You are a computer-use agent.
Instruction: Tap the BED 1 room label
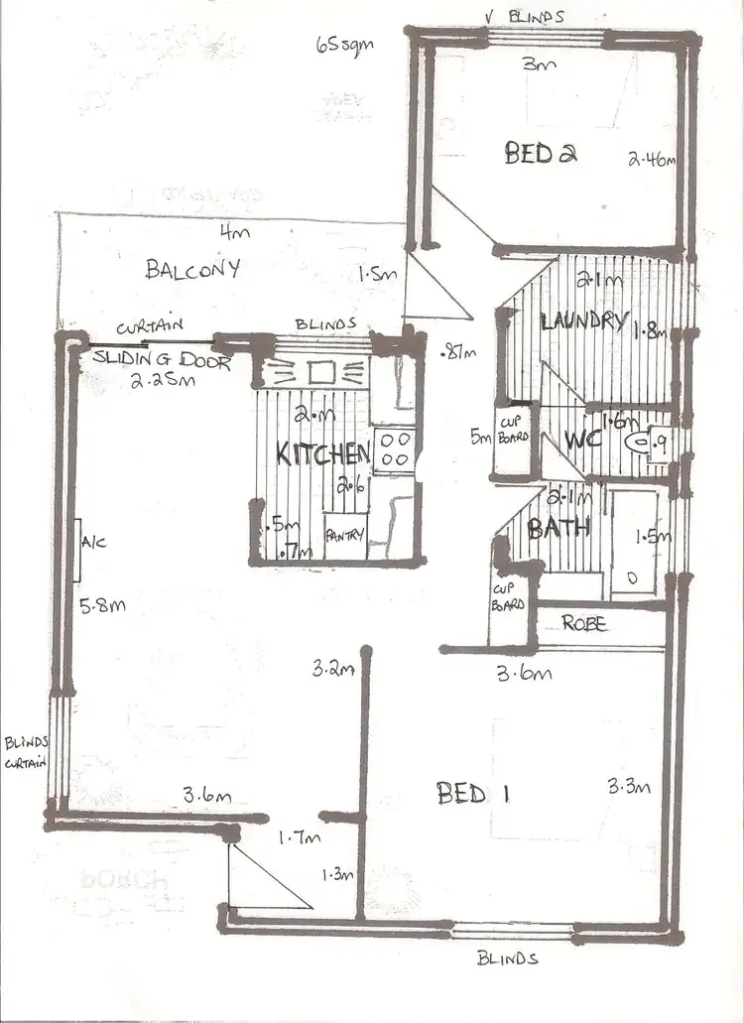coord(462,794)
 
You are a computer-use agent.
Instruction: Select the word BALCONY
coord(192,269)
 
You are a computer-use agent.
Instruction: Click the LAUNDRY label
coord(583,321)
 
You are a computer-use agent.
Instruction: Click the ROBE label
coord(585,625)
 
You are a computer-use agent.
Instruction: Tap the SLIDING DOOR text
coord(164,361)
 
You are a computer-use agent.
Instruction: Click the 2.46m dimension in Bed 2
coord(652,157)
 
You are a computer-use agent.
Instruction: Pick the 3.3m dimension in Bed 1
coord(629,788)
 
